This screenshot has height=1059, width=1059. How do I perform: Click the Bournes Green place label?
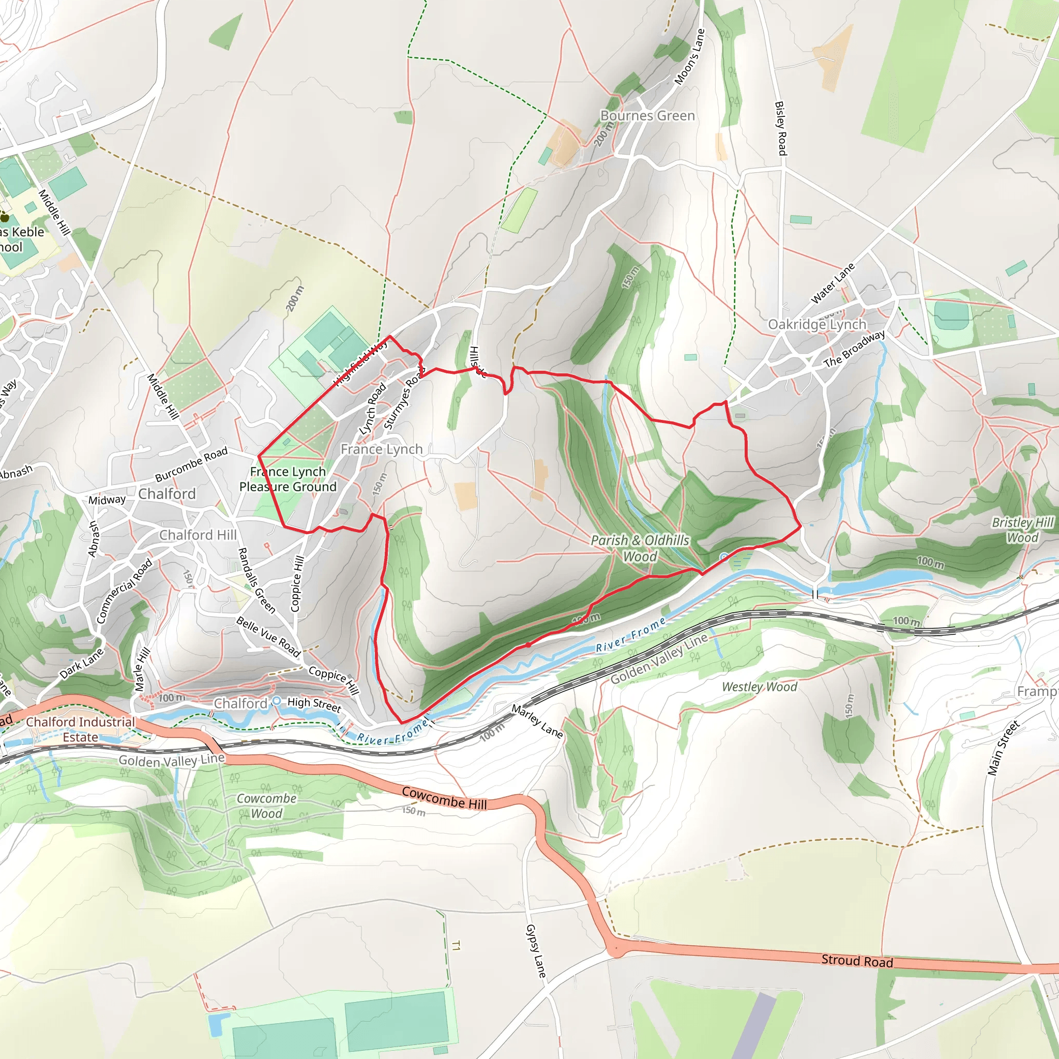tap(647, 116)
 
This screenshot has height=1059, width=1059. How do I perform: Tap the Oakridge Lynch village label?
tap(816, 325)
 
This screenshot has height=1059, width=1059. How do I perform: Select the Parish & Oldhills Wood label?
tap(640, 548)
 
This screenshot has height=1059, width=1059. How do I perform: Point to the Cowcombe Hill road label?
tap(444, 798)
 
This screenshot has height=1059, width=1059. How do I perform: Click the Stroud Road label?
tap(857, 961)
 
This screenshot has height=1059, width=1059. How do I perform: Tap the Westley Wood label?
tap(759, 687)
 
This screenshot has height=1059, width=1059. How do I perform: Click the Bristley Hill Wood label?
tap(1022, 530)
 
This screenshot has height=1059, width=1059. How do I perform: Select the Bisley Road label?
tap(780, 128)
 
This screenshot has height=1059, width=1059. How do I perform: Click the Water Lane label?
tap(832, 283)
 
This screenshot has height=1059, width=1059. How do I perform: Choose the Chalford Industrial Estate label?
tap(80, 730)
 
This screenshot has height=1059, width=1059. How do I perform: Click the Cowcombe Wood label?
tap(266, 806)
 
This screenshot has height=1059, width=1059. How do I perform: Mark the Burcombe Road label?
tap(191, 464)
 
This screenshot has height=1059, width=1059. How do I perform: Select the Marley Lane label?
tap(537, 721)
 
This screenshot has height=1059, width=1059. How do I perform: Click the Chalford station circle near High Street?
tap(277, 701)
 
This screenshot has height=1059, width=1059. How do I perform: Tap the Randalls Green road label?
tap(256, 580)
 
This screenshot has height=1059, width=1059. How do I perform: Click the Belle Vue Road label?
tap(268, 637)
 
